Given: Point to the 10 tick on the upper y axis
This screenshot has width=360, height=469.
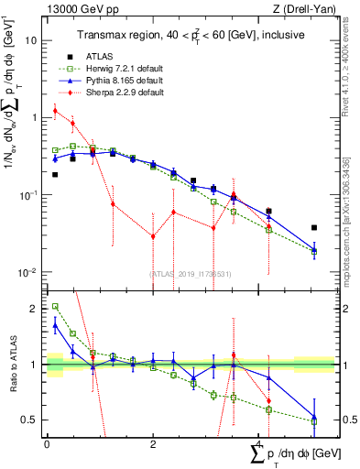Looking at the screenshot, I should point(31,41).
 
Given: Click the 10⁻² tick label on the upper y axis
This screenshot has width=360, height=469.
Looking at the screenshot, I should point(28,273).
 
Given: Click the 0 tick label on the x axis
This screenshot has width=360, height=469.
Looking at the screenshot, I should point(47,443).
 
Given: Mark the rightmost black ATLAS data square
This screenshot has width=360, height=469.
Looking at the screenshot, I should point(314,227).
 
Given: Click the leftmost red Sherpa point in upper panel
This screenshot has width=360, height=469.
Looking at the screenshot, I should point(55,111).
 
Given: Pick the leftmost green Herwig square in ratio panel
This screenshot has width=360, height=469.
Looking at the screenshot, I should point(55,307).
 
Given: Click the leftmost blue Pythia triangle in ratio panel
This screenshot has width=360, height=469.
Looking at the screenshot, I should point(55,324).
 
